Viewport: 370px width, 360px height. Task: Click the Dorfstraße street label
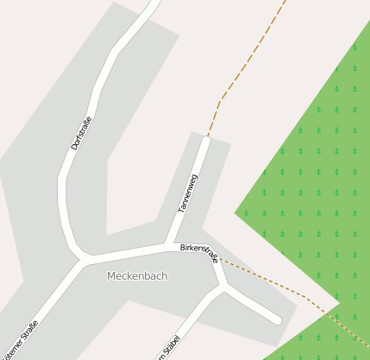(x=81, y=133)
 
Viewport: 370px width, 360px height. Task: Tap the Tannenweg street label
(x=187, y=194)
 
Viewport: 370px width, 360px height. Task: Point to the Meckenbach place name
(x=137, y=275)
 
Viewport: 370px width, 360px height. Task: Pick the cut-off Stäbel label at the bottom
(x=167, y=347)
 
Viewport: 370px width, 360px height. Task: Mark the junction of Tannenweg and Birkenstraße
(x=170, y=245)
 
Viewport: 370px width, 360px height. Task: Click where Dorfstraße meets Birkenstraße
(x=85, y=259)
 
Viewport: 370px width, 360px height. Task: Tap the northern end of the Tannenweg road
(x=206, y=139)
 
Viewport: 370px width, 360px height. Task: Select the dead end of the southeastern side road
(x=277, y=320)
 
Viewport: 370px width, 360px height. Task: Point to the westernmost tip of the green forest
(x=235, y=212)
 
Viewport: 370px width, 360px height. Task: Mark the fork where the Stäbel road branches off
(x=223, y=287)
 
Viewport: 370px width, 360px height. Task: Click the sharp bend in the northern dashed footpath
(x=222, y=98)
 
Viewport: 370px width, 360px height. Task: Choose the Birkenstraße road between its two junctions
(x=129, y=252)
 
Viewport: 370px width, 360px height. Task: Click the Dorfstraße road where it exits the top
(x=154, y=4)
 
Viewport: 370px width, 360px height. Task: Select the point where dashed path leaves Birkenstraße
(x=217, y=256)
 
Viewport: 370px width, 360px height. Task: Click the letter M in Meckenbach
(x=111, y=275)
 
